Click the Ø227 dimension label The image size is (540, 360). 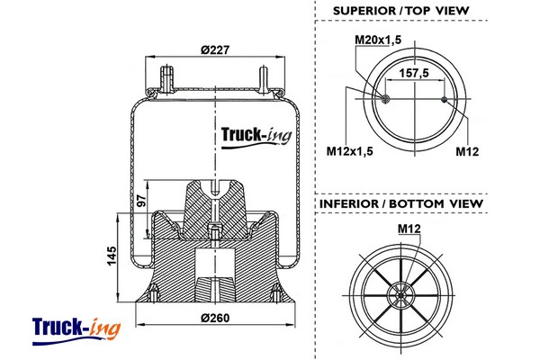pos(213,50)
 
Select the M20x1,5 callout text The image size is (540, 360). pos(378,40)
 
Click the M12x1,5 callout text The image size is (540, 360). pos(349,150)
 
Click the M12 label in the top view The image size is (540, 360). pos(466,150)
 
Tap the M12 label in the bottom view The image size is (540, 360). pos(409,230)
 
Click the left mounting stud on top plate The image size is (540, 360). pos(166,76)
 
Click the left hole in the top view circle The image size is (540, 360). pos(386,98)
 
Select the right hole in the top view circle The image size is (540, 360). pos(445,98)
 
